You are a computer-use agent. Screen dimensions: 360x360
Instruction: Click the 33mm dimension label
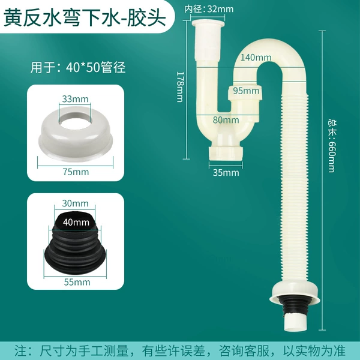click(75, 99)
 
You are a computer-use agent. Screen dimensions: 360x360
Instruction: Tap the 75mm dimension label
click(76, 172)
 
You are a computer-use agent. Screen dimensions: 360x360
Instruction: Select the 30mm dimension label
click(75, 203)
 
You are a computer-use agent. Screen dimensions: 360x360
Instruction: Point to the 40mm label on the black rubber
click(76, 222)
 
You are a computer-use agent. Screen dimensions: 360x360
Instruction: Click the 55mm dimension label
click(77, 282)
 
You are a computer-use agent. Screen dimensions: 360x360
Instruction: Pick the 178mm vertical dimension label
click(180, 87)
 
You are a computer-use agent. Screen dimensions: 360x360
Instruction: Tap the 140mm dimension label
click(256, 58)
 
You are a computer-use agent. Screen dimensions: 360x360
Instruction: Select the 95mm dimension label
click(246, 91)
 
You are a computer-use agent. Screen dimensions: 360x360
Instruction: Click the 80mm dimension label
click(226, 120)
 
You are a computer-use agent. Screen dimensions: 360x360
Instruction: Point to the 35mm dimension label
click(226, 173)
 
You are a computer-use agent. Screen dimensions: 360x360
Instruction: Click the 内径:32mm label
click(209, 9)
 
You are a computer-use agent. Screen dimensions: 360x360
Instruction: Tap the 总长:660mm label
click(332, 146)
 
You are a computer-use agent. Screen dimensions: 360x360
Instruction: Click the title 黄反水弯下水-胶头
click(85, 17)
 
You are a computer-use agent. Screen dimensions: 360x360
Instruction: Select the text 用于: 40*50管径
click(78, 67)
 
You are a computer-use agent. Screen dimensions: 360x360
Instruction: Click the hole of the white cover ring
click(76, 120)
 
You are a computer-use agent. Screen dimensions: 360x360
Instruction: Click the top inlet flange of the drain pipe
click(208, 23)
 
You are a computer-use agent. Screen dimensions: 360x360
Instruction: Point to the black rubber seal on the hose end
click(295, 306)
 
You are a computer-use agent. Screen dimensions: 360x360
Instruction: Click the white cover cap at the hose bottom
click(295, 293)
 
